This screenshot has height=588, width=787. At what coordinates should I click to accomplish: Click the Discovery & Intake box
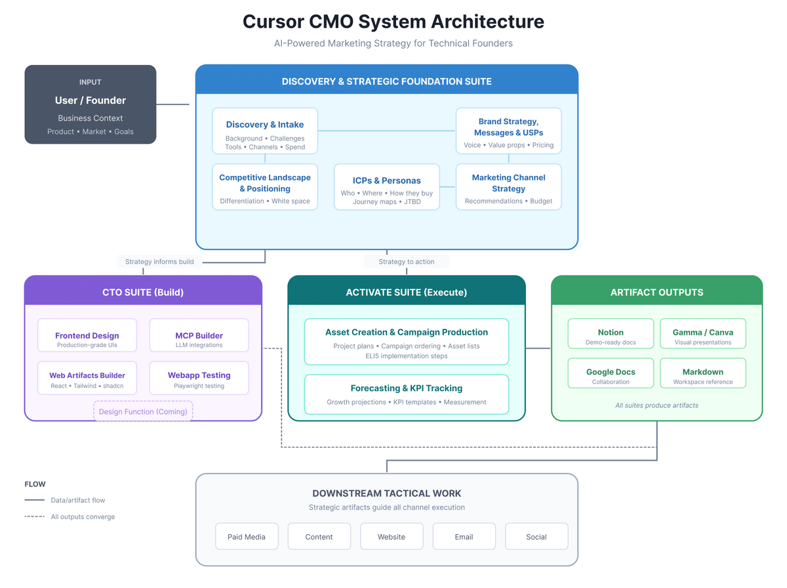(265, 131)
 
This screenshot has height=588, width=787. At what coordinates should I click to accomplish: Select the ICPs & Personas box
(386, 187)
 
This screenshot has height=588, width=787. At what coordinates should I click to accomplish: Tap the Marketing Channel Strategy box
(508, 187)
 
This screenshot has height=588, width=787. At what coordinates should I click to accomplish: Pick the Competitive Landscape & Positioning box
(265, 187)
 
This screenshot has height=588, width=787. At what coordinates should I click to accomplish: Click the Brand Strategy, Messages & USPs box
(508, 131)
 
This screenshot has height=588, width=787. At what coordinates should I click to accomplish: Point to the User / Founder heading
(91, 100)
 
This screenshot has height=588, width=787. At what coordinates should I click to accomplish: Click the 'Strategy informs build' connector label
(159, 261)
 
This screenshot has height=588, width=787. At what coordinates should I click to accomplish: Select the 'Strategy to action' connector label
(407, 261)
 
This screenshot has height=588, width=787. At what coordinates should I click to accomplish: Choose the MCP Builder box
(199, 335)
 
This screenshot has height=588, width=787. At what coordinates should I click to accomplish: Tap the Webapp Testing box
(199, 378)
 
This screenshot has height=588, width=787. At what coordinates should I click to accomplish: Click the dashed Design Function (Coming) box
(143, 411)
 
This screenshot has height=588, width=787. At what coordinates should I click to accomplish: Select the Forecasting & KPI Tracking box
(407, 394)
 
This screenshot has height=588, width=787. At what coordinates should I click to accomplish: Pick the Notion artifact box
(611, 333)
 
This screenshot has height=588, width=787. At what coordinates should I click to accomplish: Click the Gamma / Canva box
(702, 333)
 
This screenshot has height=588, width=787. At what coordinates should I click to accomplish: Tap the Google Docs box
(611, 373)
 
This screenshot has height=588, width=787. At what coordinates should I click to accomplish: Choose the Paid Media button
(247, 536)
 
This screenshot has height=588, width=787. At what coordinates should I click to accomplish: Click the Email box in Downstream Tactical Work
(464, 536)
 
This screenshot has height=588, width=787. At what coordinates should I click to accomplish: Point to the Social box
(536, 536)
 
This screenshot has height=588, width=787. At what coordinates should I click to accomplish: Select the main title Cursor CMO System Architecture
(393, 22)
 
